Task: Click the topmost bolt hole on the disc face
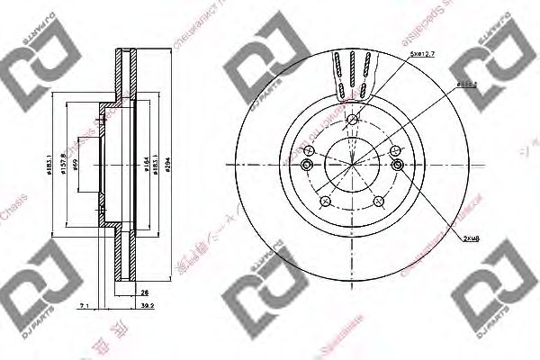pos(353,122)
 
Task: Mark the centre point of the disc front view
pos(353,166)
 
